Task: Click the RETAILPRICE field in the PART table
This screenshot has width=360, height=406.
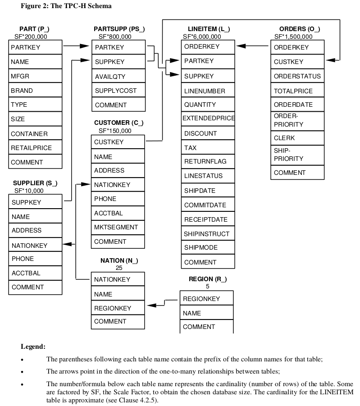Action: tap(35, 148)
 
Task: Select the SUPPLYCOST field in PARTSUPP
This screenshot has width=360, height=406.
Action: tap(118, 91)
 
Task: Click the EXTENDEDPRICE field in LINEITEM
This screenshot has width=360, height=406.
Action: tap(208, 119)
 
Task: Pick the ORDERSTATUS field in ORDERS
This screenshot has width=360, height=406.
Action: tap(297, 76)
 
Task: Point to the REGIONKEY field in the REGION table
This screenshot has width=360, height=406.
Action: tap(206, 299)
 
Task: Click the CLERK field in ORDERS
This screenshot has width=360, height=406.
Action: tap(297, 138)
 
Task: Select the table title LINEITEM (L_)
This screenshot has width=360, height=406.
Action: tap(209, 29)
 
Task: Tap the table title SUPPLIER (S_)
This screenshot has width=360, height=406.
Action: tap(35, 183)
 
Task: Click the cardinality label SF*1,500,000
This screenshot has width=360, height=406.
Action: tap(293, 36)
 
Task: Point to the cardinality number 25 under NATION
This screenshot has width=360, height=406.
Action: tap(119, 268)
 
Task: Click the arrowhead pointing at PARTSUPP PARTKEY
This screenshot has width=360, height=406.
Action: tap(86, 46)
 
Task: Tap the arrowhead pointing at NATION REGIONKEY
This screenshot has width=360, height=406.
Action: tap(152, 305)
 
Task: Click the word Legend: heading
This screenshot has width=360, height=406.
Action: tap(33, 347)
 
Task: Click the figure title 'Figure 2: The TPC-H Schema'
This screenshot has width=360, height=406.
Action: tap(66, 6)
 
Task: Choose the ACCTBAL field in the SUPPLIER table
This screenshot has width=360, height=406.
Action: tap(35, 273)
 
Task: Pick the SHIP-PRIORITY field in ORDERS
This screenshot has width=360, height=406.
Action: tap(297, 155)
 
